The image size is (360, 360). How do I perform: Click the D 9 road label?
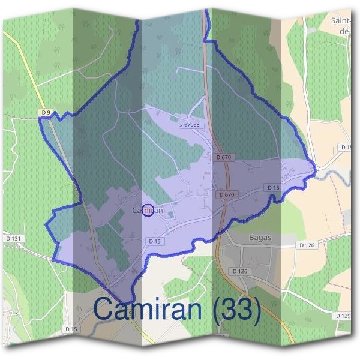point(46,112)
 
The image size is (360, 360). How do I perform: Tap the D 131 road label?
point(13,239)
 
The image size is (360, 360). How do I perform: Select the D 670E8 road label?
point(189,124)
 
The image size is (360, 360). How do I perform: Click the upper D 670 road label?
point(223,157)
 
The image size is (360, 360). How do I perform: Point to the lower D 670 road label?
point(227,194)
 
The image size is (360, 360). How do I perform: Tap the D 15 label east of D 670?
point(273,188)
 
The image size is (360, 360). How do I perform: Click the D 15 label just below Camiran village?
point(154,241)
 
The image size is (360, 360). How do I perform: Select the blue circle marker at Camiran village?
point(150,210)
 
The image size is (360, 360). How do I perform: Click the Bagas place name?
point(260,238)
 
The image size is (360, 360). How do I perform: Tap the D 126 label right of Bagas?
point(307,245)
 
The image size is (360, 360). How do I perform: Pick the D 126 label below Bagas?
point(239,271)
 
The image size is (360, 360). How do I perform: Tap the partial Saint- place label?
point(341,20)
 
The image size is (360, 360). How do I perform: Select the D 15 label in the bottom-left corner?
point(71,329)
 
